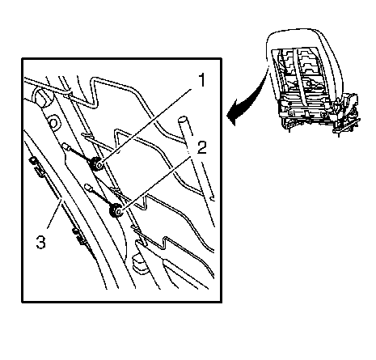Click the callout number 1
[201, 80]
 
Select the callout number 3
[41, 241]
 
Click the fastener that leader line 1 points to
[96, 164]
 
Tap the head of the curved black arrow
[232, 116]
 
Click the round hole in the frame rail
[53, 123]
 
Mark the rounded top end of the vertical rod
[182, 120]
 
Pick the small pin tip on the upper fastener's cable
[65, 146]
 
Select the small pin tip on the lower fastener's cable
[88, 187]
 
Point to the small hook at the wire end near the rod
[212, 199]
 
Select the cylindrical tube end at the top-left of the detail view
[42, 97]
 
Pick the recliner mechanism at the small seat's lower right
[348, 112]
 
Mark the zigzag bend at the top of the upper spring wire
[95, 93]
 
